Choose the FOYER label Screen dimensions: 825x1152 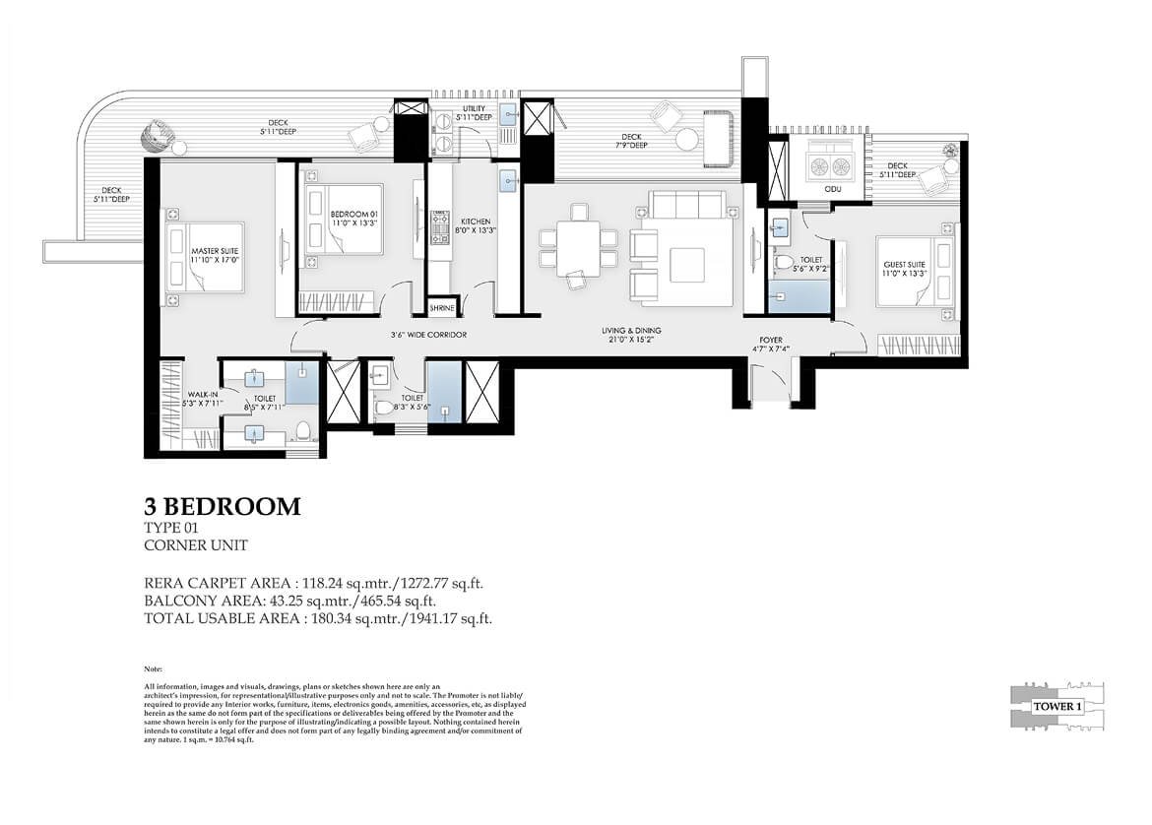[769, 343]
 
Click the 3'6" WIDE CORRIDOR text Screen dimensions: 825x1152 [428, 336]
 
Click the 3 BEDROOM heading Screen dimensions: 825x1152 [222, 507]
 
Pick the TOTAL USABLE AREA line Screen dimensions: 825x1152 [317, 618]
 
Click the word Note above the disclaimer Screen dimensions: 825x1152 [153, 668]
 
